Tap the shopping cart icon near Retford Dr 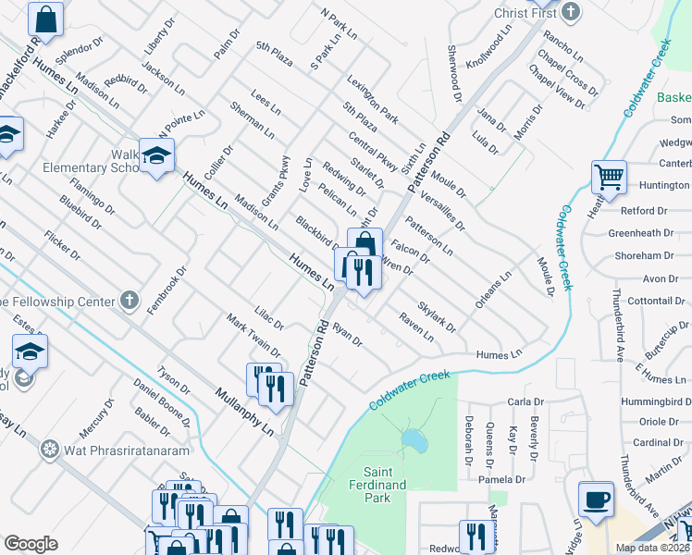pyautogui.click(x=608, y=177)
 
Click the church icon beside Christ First pyautogui.click(x=571, y=11)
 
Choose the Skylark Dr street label pyautogui.click(x=437, y=315)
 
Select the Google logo pyautogui.click(x=31, y=544)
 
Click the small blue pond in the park pyautogui.click(x=414, y=441)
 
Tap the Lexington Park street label pyautogui.click(x=373, y=100)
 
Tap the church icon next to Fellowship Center pyautogui.click(x=130, y=301)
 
